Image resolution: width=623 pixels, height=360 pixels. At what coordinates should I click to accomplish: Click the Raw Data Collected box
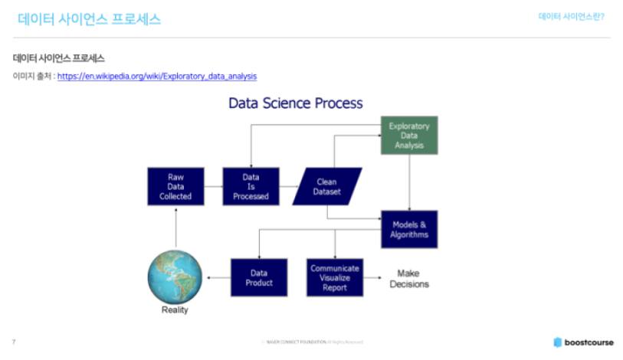[175, 187]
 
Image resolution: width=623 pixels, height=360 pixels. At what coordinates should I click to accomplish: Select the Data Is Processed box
[251, 187]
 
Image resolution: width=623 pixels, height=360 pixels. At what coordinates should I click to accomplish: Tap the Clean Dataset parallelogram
[327, 187]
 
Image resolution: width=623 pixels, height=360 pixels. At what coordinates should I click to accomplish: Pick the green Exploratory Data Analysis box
[409, 135]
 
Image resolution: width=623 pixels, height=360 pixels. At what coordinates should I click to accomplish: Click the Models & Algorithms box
[409, 229]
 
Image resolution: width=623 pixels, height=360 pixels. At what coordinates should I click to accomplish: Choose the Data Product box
[259, 277]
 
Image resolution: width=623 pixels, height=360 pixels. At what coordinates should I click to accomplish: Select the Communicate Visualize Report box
[334, 277]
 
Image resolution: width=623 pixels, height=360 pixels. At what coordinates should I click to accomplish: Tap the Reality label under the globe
[175, 310]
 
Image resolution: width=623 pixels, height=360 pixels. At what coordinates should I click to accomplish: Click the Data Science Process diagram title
[296, 103]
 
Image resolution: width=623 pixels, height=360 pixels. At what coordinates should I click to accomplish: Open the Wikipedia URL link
[157, 77]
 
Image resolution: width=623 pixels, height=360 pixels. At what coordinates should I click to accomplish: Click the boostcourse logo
[583, 342]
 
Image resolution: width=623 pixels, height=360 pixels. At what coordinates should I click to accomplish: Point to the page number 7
[14, 342]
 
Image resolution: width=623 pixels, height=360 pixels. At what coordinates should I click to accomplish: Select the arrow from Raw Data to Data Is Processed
[213, 187]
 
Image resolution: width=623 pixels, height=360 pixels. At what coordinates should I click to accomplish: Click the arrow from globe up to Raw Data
[175, 227]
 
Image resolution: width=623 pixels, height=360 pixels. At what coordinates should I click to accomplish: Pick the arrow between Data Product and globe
[218, 277]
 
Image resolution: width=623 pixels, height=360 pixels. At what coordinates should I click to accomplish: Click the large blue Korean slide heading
[90, 20]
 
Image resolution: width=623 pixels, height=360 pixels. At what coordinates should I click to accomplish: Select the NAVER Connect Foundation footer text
[310, 342]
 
